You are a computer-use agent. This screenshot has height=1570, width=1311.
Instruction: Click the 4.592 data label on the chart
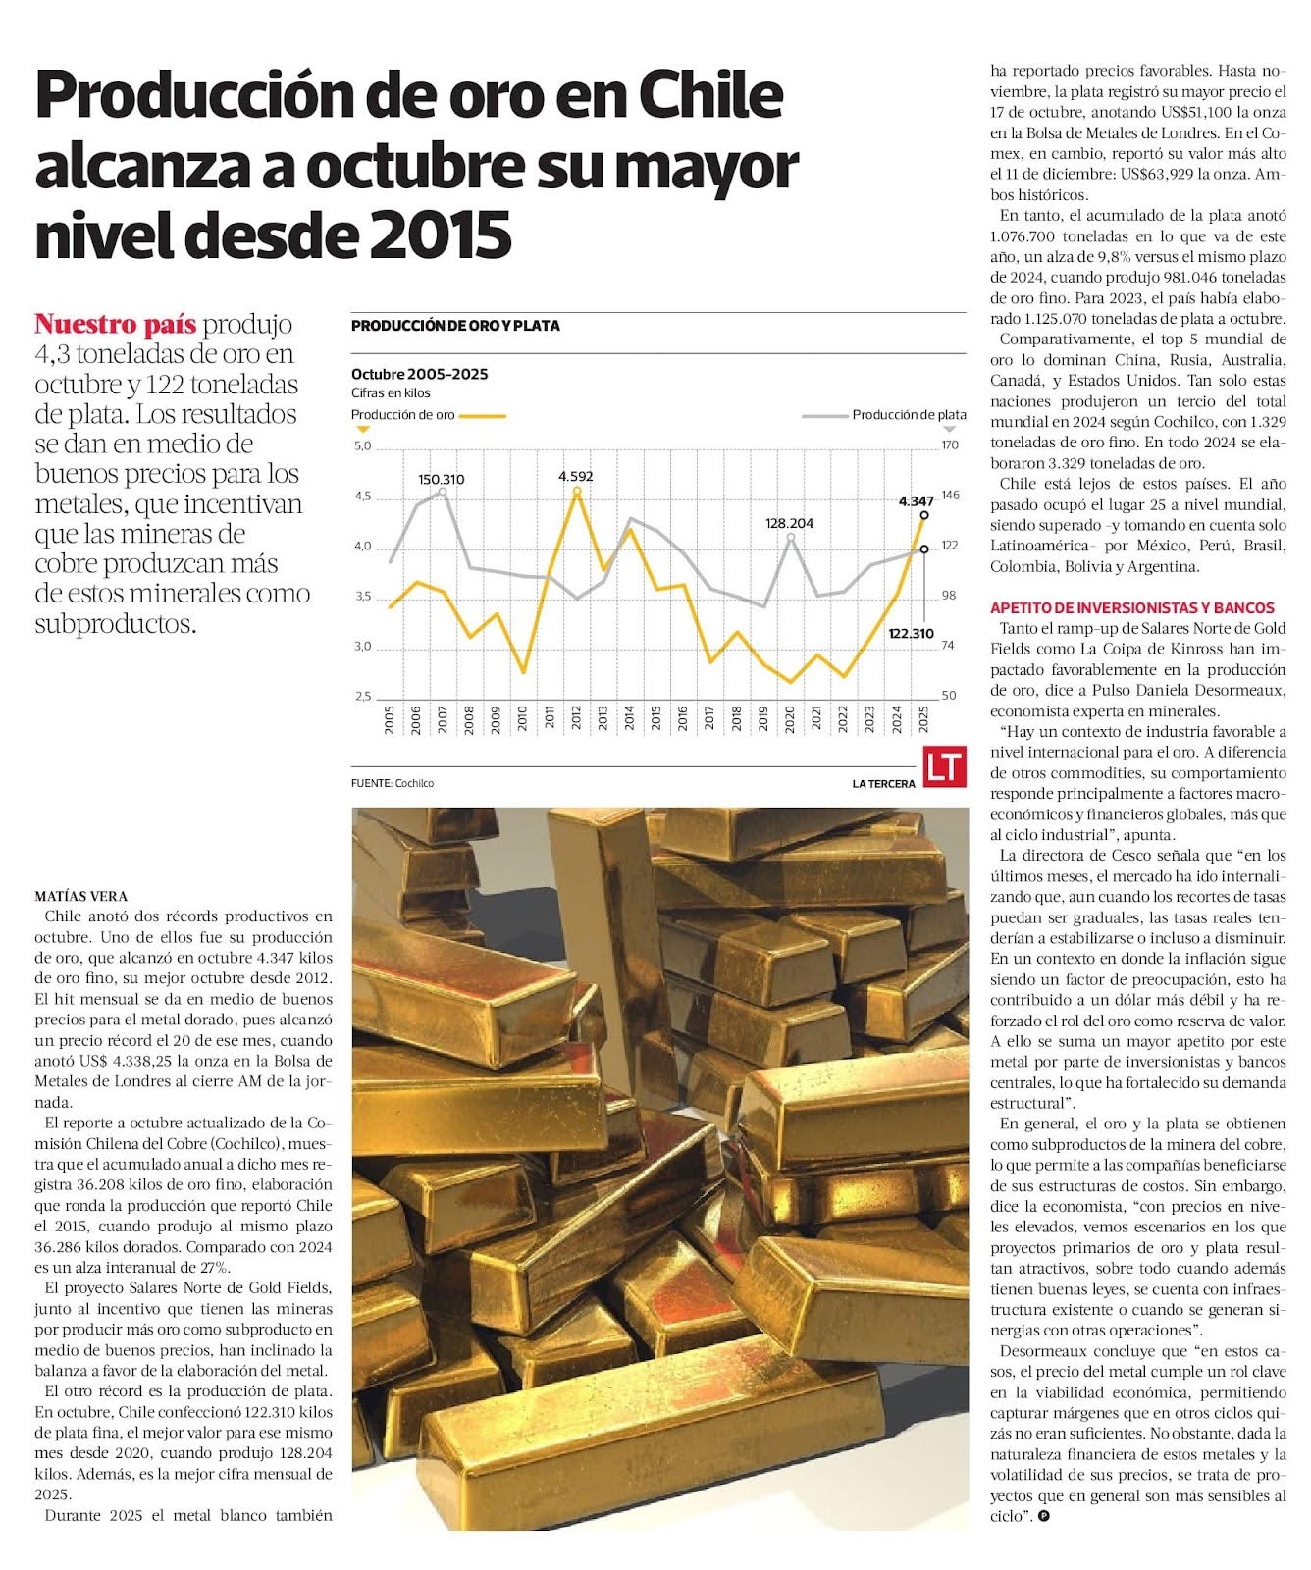pos(576,477)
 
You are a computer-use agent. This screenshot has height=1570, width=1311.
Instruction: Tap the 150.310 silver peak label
pos(442,480)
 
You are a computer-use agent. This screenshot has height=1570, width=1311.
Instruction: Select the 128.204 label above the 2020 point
pos(790,524)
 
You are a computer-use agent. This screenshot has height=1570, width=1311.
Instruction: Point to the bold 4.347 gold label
pos(916,501)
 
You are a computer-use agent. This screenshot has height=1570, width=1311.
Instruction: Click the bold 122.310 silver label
pos(911,634)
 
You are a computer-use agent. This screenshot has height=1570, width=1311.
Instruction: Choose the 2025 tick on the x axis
pos(923,719)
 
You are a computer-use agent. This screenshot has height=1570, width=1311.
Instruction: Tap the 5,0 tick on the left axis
pos(363,446)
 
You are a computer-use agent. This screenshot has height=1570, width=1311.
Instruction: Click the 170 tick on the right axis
pos(949,445)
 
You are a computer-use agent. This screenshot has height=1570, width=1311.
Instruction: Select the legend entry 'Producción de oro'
pos(403,415)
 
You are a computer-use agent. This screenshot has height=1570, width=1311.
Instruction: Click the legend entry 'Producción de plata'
pos(909,415)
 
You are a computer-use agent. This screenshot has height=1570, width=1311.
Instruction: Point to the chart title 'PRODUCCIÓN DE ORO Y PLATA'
pos(455,326)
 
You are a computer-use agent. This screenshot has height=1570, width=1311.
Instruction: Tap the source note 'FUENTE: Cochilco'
pos(393,783)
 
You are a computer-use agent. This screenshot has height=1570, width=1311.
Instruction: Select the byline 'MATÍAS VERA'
pos(80,896)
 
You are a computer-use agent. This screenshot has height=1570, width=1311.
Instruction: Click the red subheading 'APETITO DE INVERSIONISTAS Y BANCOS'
pos(1131,608)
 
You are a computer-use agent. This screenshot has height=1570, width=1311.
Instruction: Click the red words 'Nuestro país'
pos(115,324)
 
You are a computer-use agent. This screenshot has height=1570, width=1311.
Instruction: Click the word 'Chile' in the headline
pos(711,96)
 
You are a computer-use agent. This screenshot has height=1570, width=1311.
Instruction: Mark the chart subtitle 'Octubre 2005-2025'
pos(419,374)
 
